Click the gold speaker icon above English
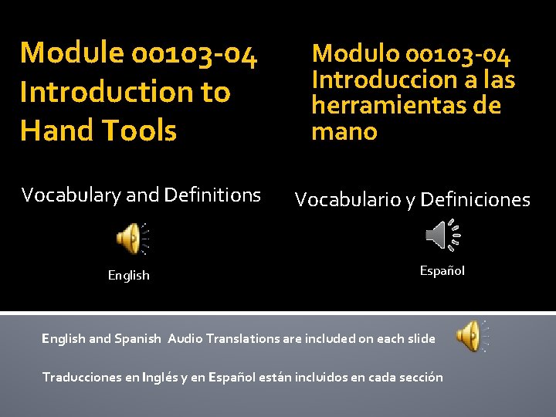tap(128, 239)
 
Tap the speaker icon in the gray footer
tap(469, 337)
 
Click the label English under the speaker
tap(129, 275)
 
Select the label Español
tap(442, 270)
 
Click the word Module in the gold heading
tap(72, 53)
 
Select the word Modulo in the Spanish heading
tap(355, 54)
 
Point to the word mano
tap(344, 131)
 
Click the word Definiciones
tap(476, 200)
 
